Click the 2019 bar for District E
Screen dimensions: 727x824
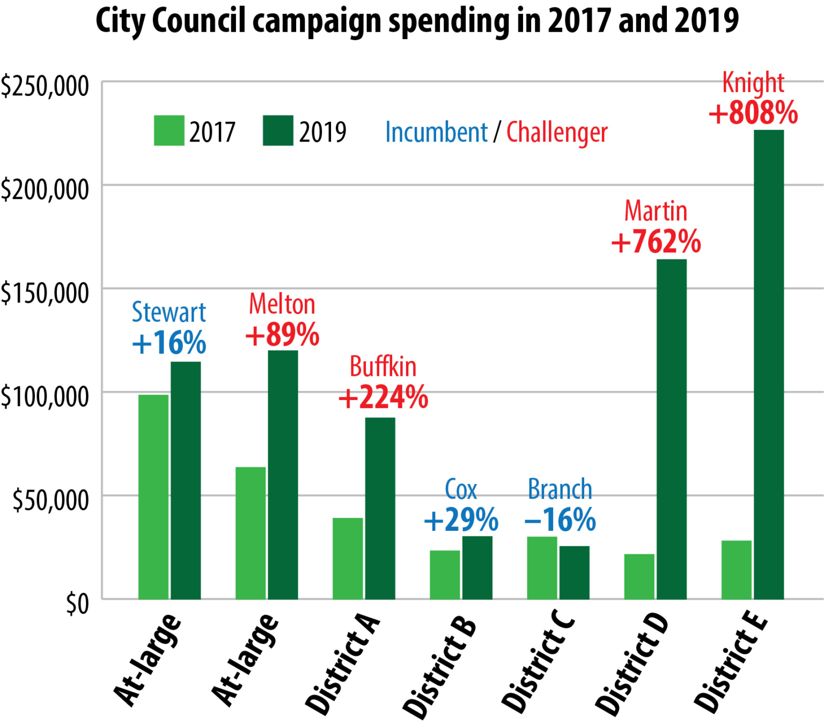(x=768, y=365)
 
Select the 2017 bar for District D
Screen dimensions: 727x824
(x=639, y=576)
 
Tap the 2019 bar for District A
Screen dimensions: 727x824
(x=380, y=508)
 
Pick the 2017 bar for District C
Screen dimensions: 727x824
(x=542, y=568)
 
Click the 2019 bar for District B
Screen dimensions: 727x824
(x=477, y=568)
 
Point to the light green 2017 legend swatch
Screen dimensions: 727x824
(x=169, y=130)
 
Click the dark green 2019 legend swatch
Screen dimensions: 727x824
(x=278, y=130)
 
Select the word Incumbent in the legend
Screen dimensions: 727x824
(x=436, y=132)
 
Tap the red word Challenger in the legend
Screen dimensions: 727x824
(x=557, y=133)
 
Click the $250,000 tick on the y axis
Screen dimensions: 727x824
(x=45, y=86)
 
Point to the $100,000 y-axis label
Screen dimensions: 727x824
(x=45, y=397)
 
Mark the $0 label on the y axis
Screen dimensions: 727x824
(x=77, y=604)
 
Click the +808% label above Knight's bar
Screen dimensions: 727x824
(x=753, y=113)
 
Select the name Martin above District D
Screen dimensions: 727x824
(x=656, y=211)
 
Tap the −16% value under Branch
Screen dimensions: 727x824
(x=560, y=520)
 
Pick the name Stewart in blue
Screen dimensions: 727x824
(x=169, y=312)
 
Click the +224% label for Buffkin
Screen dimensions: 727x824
(x=383, y=398)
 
